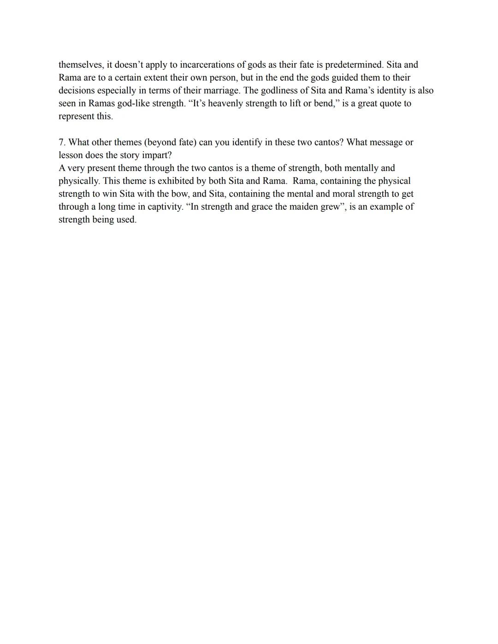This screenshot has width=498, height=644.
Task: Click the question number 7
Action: (62, 142)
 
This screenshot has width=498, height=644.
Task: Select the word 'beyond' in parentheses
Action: (161, 142)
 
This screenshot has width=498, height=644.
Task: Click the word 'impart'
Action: (156, 155)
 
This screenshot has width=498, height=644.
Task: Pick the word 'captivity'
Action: (165, 207)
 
